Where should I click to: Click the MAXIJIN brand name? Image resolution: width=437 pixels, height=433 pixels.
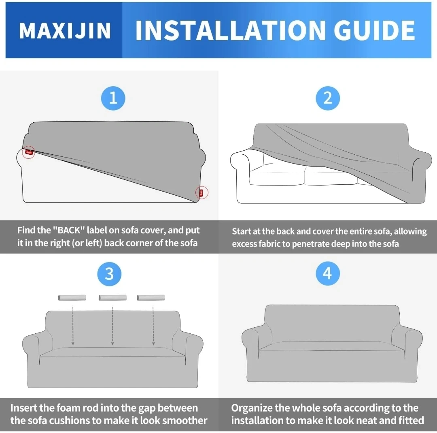(x=65, y=31)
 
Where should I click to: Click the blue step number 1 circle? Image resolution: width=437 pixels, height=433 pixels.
(x=113, y=98)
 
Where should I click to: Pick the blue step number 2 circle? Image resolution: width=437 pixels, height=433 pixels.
(x=328, y=98)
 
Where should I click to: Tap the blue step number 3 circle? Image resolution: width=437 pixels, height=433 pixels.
(x=109, y=274)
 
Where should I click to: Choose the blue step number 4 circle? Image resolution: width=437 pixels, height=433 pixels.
(x=328, y=273)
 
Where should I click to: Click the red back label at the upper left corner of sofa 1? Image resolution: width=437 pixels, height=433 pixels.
(x=29, y=152)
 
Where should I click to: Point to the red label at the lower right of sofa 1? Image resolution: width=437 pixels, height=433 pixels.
(x=202, y=193)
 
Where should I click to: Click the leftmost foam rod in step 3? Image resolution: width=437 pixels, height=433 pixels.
(x=72, y=298)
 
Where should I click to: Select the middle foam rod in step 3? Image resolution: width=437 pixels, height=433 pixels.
(x=112, y=298)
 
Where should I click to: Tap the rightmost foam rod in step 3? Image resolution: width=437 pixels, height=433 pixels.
(x=151, y=298)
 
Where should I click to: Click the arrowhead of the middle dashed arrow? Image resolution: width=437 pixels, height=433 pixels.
(x=112, y=344)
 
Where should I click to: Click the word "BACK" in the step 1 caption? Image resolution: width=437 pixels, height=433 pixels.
(x=68, y=230)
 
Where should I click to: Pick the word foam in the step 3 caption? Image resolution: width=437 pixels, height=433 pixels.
(x=67, y=408)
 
